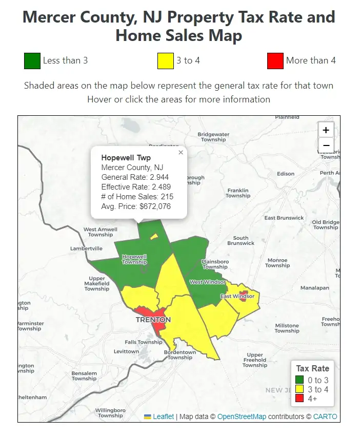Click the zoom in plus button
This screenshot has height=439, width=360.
326,130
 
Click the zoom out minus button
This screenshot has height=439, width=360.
326,146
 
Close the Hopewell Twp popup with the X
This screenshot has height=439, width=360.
181,152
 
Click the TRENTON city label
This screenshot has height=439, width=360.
153,320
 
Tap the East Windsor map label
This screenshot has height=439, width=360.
237,296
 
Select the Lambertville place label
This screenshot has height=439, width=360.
86,248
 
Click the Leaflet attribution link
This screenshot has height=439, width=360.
163,416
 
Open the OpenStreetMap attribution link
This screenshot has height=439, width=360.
242,416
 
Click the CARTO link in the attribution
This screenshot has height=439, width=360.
325,416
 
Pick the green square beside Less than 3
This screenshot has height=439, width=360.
32,60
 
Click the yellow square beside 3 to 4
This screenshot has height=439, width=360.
165,60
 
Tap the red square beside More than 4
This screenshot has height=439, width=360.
275,60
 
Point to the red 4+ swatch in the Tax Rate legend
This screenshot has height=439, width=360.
299,398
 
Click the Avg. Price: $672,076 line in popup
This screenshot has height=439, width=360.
136,206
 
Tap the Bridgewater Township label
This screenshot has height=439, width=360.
213,137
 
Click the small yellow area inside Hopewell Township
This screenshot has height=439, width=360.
153,237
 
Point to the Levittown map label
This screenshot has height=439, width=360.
126,351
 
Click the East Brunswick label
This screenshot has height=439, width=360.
284,218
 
